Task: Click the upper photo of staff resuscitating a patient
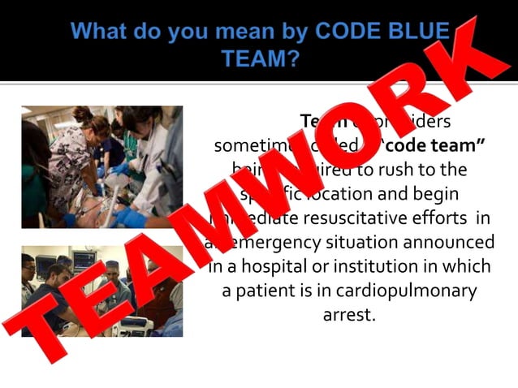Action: click(x=101, y=166)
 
